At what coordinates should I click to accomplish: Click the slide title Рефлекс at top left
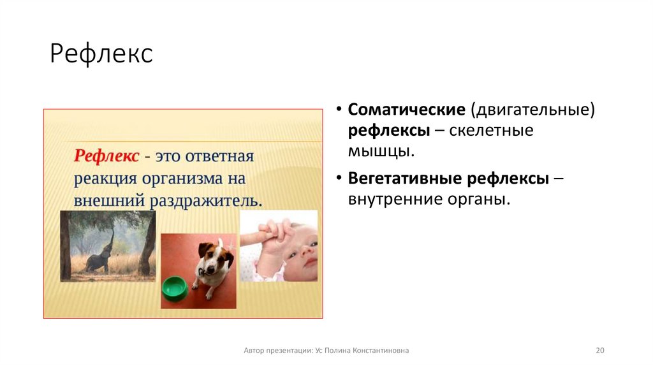(101, 54)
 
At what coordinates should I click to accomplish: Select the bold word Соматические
(406, 109)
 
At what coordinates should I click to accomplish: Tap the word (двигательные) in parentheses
(532, 109)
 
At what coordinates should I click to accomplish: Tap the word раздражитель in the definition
(205, 200)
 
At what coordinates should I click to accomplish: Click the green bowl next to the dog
(174, 288)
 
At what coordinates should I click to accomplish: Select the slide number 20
(599, 351)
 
